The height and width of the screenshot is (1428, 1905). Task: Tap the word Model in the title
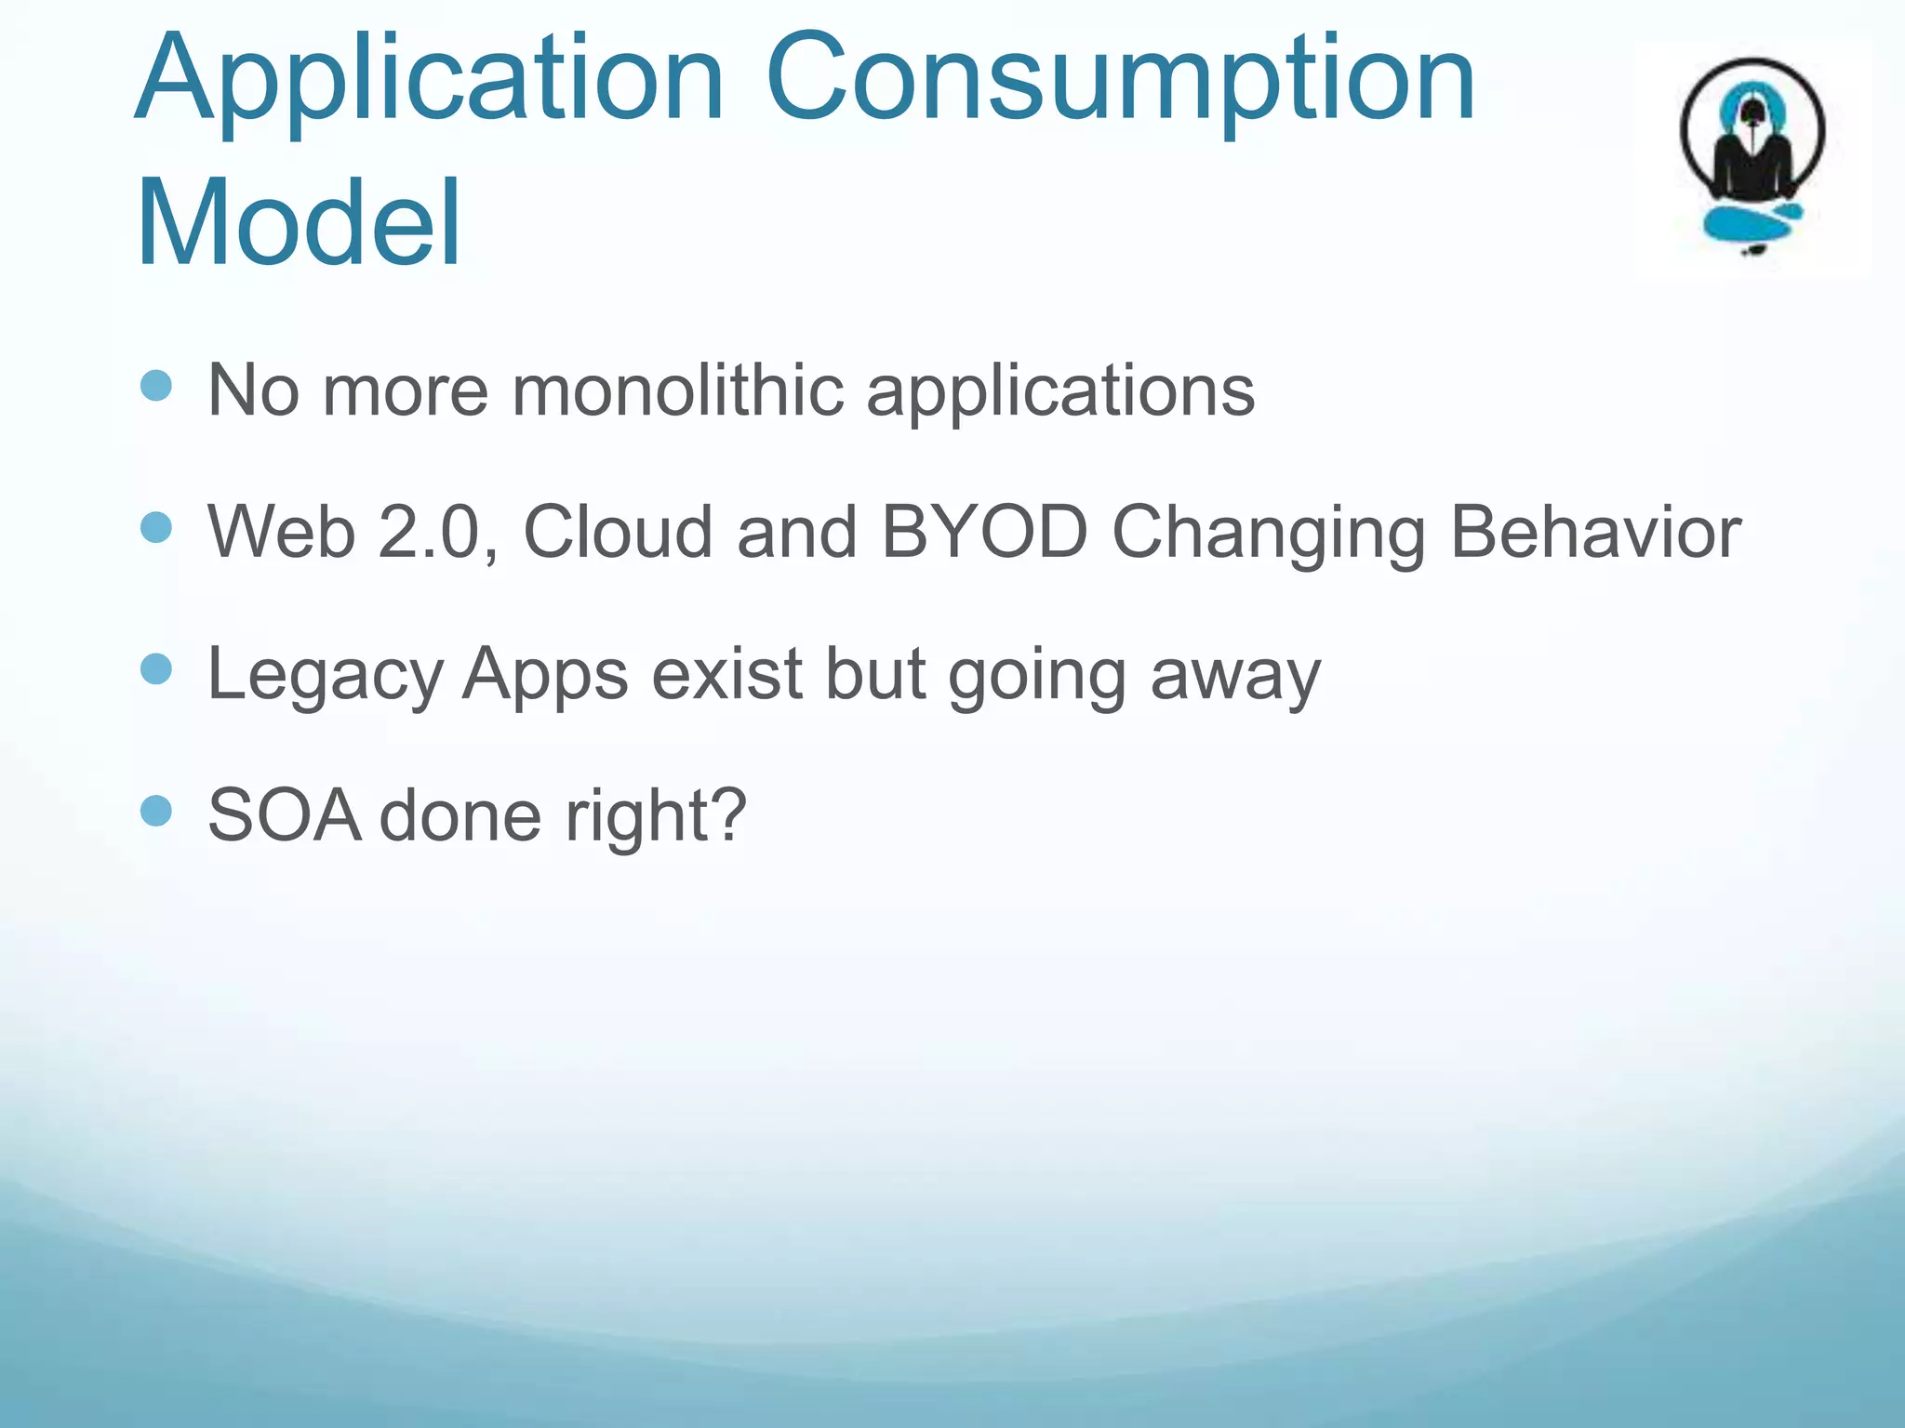tap(298, 223)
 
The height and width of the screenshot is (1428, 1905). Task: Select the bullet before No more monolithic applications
tap(156, 385)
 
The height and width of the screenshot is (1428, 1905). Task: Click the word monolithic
tap(677, 390)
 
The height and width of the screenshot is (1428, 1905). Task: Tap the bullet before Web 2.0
tap(156, 527)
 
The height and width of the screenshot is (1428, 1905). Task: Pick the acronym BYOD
tap(984, 532)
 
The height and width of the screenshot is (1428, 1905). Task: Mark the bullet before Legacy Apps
tap(156, 668)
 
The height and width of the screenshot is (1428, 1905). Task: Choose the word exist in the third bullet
tap(726, 673)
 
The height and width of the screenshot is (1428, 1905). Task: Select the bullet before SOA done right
tap(156, 811)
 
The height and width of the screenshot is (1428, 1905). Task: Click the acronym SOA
tap(284, 815)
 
